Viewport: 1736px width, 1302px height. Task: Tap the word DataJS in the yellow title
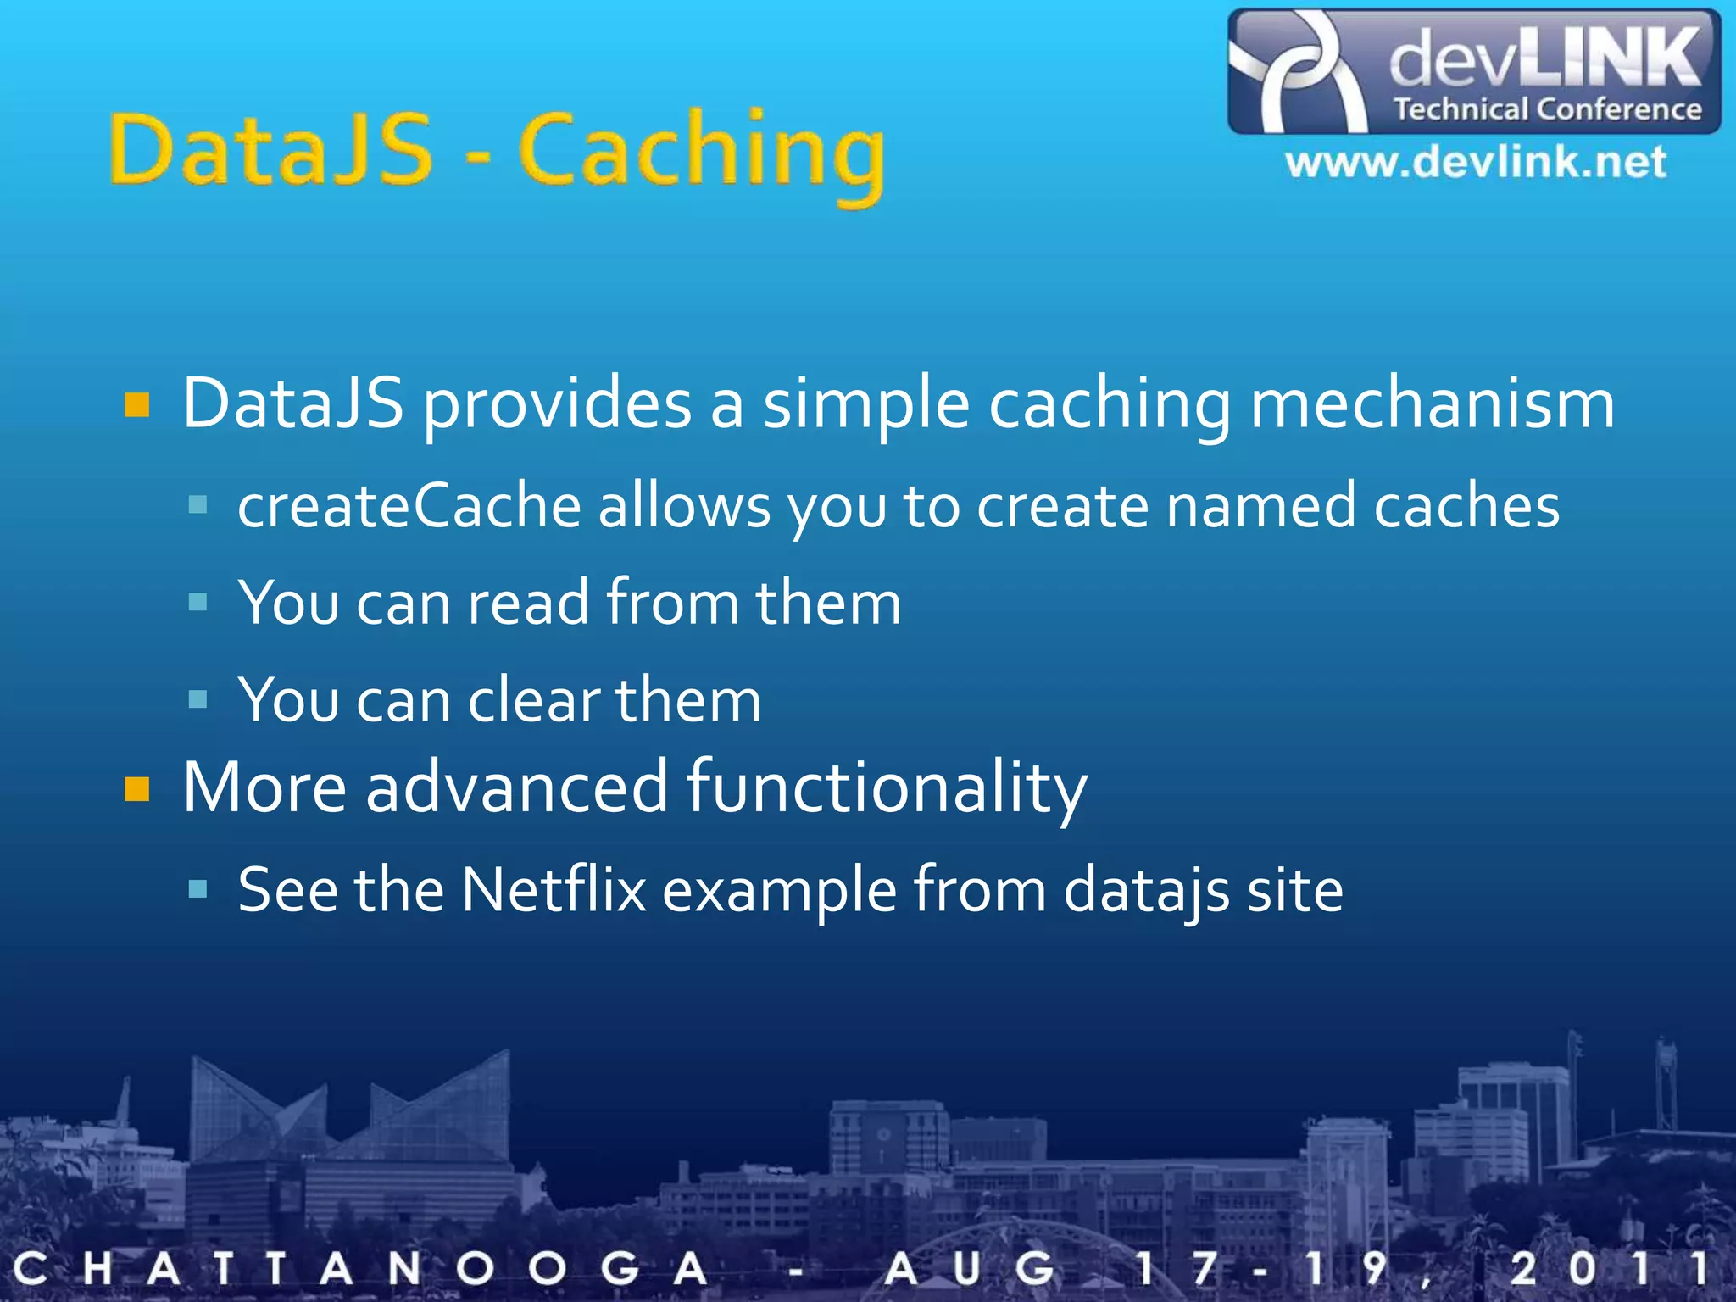click(271, 149)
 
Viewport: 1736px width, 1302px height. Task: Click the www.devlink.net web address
click(1476, 162)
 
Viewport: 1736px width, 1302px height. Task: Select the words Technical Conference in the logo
click(1548, 109)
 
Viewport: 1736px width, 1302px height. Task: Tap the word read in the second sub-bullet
click(528, 603)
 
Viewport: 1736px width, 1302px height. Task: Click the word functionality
click(887, 787)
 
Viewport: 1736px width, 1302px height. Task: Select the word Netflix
click(554, 890)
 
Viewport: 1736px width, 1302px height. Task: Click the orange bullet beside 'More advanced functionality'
click(137, 789)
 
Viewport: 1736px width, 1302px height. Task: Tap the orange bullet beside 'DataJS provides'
click(137, 405)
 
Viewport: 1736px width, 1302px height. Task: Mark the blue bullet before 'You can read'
click(198, 602)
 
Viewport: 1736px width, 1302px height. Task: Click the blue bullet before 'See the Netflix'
click(198, 889)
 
